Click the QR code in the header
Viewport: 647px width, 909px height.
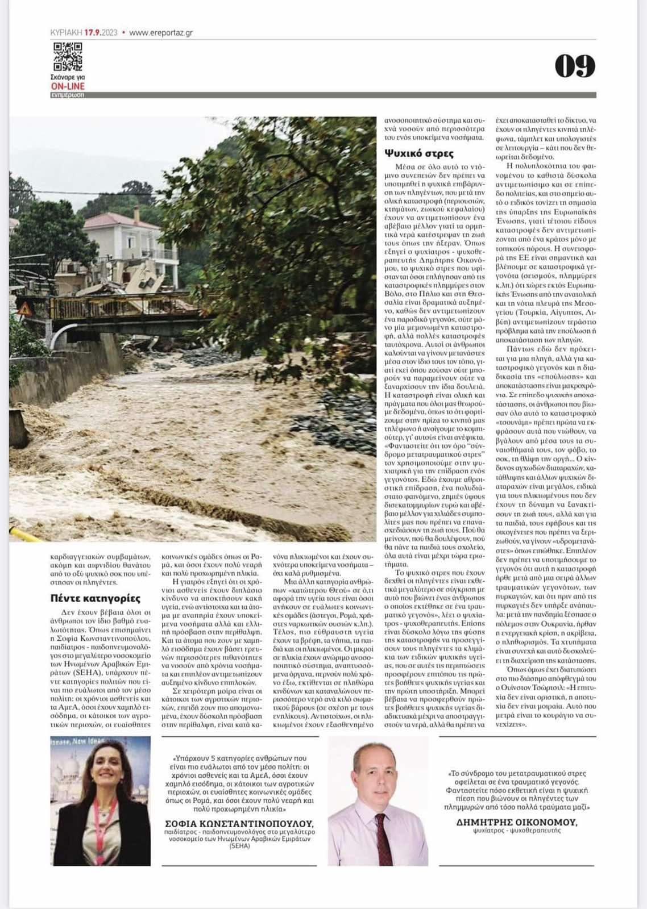(x=68, y=56)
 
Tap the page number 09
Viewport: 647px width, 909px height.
(x=575, y=66)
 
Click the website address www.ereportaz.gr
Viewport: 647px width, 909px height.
(x=161, y=32)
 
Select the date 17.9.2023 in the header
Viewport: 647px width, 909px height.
(x=101, y=32)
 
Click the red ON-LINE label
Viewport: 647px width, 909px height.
(x=68, y=86)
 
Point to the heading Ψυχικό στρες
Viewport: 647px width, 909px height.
(x=419, y=153)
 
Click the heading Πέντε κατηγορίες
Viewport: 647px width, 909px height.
(x=95, y=598)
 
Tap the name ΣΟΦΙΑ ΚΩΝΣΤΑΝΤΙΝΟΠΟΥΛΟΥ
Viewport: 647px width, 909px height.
(x=239, y=823)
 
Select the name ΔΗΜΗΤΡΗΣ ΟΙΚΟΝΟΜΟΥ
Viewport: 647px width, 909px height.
(x=517, y=822)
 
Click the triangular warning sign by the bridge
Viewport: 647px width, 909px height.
(x=25, y=309)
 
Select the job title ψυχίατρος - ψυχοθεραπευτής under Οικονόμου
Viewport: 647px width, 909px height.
(x=516, y=831)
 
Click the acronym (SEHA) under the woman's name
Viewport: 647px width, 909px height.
(x=239, y=845)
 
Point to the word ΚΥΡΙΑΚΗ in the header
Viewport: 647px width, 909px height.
(x=66, y=32)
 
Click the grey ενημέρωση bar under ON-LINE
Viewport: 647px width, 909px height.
(x=67, y=95)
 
